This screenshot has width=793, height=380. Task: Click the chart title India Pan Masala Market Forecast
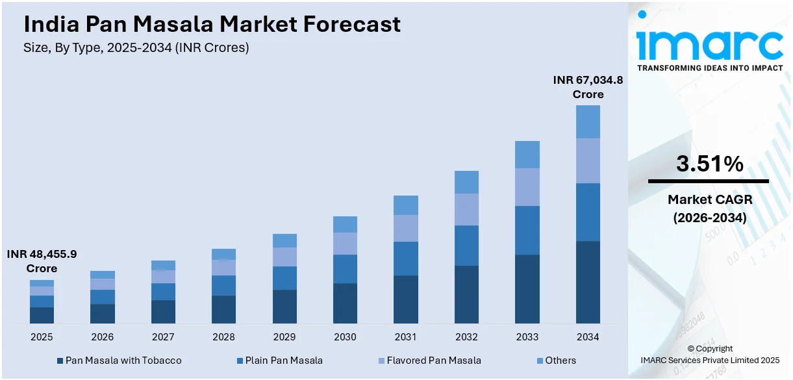[212, 25]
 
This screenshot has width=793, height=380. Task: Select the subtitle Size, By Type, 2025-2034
[136, 47]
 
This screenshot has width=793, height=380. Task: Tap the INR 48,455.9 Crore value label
[42, 261]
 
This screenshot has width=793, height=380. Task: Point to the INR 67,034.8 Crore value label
[588, 87]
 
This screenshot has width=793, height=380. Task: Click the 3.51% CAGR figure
[709, 164]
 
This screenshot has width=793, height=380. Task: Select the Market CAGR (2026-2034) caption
[709, 209]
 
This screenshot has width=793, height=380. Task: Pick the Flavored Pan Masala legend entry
[434, 360]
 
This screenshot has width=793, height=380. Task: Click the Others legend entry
[560, 360]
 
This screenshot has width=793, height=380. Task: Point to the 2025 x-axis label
[42, 337]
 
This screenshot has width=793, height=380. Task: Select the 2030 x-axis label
[345, 337]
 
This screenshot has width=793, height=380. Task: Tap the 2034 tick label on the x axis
[588, 337]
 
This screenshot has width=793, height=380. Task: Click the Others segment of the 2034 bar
[588, 121]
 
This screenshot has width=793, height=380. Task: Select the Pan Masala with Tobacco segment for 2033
[527, 288]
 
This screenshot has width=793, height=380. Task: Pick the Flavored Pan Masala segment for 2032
[466, 209]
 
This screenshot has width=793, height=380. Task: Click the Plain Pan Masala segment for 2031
[406, 259]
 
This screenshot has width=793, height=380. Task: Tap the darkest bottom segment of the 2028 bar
[223, 309]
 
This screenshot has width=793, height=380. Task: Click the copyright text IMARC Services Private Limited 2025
[709, 360]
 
